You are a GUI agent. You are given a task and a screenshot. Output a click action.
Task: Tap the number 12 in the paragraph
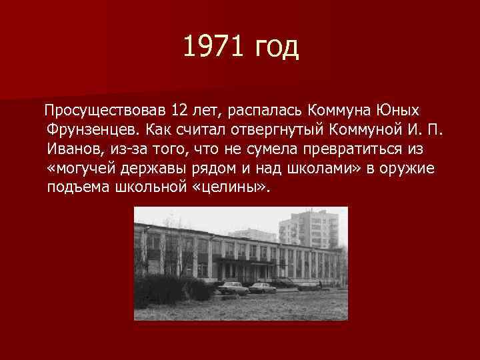coord(179,109)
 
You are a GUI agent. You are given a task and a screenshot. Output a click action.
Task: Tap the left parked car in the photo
coord(231,287)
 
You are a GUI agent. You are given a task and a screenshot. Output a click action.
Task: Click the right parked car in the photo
coord(263,287)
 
